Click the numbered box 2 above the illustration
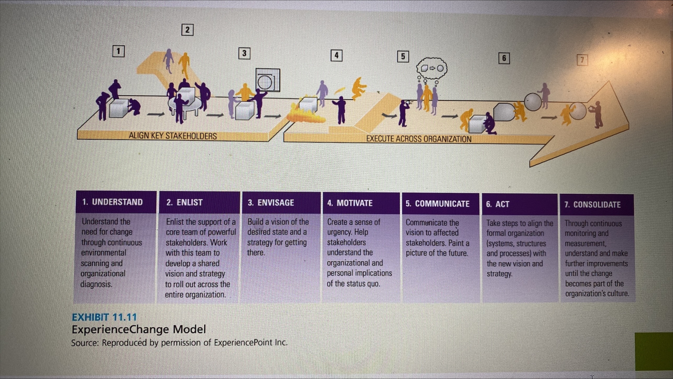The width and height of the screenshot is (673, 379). [187, 30]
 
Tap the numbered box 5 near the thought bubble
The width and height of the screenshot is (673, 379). [403, 57]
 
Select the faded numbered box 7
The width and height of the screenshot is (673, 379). [582, 60]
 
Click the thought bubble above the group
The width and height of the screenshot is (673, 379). [432, 69]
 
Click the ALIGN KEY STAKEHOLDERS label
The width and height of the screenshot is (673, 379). [173, 136]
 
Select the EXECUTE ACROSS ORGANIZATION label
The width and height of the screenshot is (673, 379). [418, 139]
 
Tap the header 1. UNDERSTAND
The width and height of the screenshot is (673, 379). [112, 202]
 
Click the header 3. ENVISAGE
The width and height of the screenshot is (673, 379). [271, 203]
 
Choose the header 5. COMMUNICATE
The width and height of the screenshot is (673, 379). [438, 204]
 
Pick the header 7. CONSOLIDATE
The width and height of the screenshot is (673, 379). [592, 205]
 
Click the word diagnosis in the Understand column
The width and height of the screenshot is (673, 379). [97, 284]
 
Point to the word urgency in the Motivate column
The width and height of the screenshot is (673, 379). [339, 232]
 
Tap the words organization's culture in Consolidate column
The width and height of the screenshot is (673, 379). [597, 294]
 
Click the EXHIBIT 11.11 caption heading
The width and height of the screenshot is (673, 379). [104, 317]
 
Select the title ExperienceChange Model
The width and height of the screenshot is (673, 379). [139, 329]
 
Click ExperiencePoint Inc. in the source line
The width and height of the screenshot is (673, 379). [251, 343]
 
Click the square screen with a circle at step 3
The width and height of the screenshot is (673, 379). [268, 80]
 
